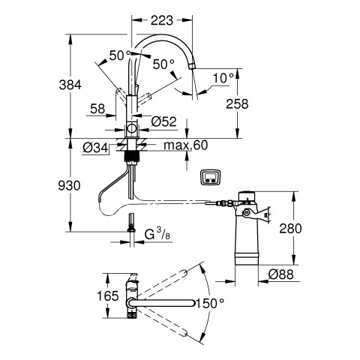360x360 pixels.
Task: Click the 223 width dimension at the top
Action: click(x=162, y=20)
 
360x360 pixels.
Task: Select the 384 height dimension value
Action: click(x=70, y=85)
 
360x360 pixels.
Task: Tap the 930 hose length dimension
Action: click(x=69, y=185)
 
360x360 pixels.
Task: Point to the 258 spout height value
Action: click(x=237, y=103)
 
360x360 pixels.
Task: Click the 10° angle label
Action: click(x=223, y=78)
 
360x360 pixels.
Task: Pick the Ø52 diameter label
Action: click(x=164, y=122)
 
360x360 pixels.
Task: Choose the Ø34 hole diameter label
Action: click(x=95, y=148)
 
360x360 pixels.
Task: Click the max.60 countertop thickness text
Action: click(x=186, y=145)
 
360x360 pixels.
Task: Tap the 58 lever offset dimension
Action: click(x=97, y=109)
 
